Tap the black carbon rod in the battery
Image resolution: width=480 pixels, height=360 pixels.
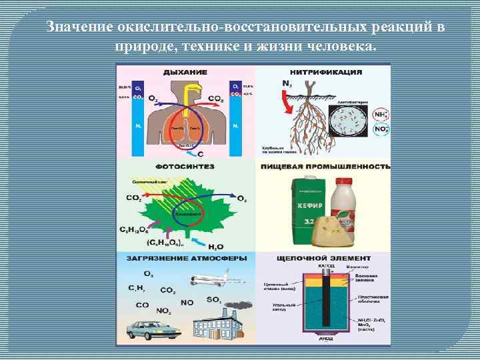(327, 300)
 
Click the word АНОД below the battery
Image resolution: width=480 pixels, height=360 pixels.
(327, 339)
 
